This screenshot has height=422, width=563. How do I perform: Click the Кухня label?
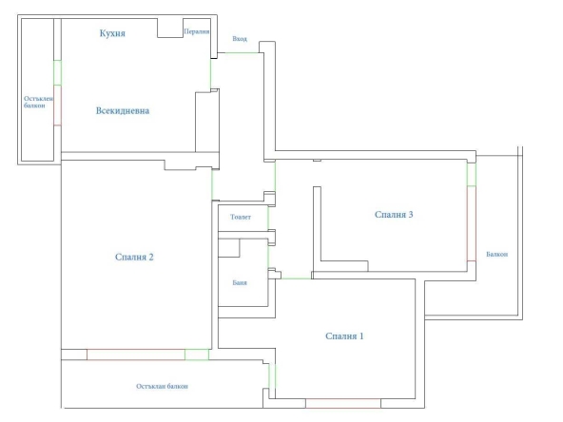tap(112, 33)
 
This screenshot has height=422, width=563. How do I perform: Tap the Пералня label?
tap(197, 31)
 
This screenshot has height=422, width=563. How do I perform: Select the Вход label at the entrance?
tap(240, 39)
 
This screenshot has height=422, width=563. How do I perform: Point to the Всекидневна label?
tap(123, 110)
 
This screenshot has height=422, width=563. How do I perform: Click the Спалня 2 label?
tap(134, 257)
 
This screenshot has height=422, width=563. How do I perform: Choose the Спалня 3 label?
tap(394, 215)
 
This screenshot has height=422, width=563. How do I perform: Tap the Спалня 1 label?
tap(344, 336)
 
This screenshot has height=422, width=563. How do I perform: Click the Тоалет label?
tap(241, 217)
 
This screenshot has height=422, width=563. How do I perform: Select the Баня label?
tap(240, 283)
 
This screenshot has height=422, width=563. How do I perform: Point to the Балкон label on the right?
tap(497, 254)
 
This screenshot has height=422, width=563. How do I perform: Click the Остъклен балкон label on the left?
tap(38, 102)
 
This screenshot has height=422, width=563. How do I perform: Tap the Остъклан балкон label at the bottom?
tap(162, 386)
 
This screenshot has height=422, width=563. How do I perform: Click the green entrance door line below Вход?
tap(242, 53)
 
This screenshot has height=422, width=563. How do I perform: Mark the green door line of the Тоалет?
tap(268, 218)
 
